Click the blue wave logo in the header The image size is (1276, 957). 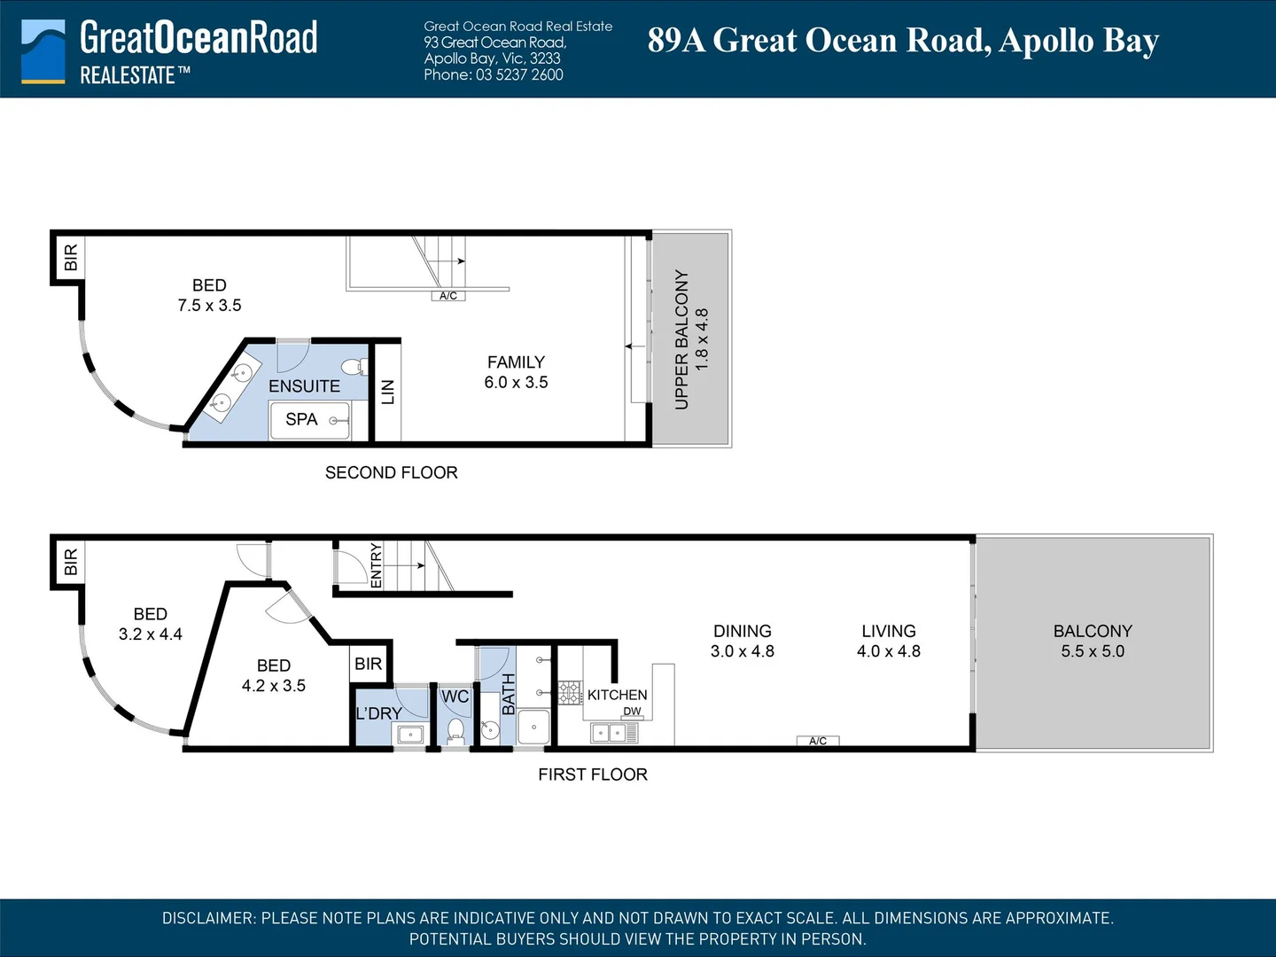click(x=43, y=51)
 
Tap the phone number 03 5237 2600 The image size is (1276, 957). click(x=519, y=75)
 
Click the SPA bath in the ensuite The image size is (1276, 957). click(x=310, y=420)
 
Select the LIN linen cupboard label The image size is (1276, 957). click(x=388, y=392)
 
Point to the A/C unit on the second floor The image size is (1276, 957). click(x=448, y=296)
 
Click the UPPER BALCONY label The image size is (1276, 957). click(x=681, y=340)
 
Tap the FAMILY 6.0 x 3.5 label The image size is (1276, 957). click(x=517, y=372)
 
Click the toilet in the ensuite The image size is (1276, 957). click(x=354, y=367)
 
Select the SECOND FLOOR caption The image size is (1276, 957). click(x=392, y=472)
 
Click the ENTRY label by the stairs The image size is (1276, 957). click(x=376, y=565)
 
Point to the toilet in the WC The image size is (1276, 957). click(x=455, y=732)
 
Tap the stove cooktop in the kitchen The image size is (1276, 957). click(x=571, y=693)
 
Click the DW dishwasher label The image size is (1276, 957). click(x=632, y=712)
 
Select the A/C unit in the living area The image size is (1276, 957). click(x=818, y=741)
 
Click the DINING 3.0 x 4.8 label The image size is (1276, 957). click(x=743, y=641)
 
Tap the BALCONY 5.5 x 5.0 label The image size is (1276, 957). click(x=1093, y=641)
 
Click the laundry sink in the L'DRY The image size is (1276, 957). click(x=410, y=735)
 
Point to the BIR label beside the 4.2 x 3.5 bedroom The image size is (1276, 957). click(x=368, y=664)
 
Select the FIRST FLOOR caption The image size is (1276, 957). click(x=593, y=774)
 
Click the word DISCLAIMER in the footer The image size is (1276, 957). click(x=208, y=918)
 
